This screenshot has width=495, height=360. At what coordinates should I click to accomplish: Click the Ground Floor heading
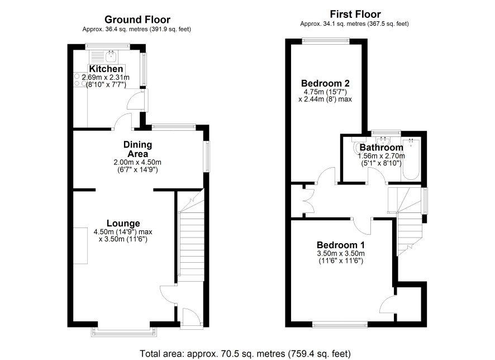(x=137, y=20)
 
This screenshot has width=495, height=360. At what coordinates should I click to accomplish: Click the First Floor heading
(x=355, y=14)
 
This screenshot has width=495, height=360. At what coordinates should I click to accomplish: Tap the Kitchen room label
(x=106, y=69)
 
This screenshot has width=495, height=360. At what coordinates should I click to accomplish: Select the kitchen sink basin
(x=111, y=56)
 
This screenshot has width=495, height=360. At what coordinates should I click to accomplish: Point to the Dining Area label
(x=137, y=149)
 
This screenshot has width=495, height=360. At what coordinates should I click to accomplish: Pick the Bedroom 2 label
(x=325, y=83)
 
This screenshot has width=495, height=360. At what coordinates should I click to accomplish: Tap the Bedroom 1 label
(x=341, y=245)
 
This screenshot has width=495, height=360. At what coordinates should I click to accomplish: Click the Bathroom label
(x=382, y=148)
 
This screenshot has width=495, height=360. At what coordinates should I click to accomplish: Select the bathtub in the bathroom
(x=411, y=159)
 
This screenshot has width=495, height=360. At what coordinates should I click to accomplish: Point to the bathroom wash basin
(x=384, y=140)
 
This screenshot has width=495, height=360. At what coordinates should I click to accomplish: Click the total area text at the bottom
(x=245, y=353)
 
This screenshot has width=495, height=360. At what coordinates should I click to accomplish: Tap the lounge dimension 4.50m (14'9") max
(x=123, y=232)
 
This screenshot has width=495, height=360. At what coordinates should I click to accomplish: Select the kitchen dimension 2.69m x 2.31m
(x=106, y=77)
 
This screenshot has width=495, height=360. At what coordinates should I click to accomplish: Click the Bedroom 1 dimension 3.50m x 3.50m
(x=341, y=254)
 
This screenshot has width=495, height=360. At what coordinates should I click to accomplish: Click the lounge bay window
(x=124, y=331)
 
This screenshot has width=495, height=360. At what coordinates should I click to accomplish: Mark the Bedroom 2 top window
(x=326, y=40)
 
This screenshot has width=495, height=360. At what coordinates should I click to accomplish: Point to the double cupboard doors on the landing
(x=308, y=201)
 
